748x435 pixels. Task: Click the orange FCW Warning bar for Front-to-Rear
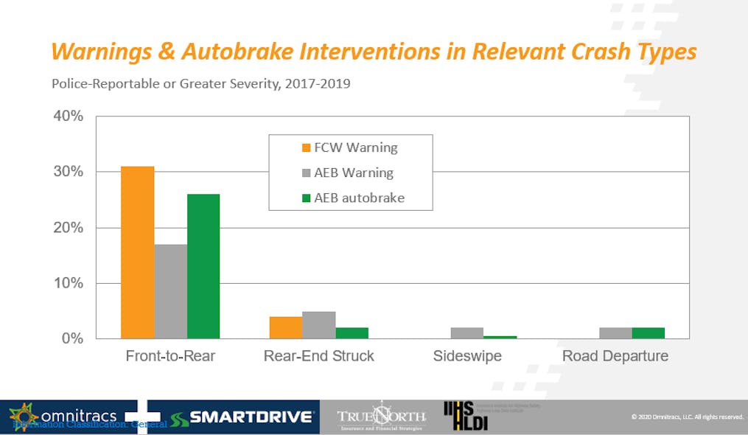point(138,252)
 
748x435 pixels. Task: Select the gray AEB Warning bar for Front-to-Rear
point(170,291)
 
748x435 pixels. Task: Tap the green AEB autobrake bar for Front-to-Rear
point(203,266)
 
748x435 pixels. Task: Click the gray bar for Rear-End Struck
point(320,325)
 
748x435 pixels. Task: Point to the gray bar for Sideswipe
point(468,333)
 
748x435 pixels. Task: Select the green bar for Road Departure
point(649,333)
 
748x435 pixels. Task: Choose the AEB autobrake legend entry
point(353,198)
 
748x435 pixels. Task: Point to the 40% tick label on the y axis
point(68,116)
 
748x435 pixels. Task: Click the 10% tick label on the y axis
point(68,283)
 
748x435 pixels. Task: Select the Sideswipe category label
point(467,356)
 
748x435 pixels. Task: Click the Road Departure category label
point(615,356)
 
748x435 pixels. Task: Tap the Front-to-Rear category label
point(170,356)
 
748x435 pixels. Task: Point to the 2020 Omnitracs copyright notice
point(687,417)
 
